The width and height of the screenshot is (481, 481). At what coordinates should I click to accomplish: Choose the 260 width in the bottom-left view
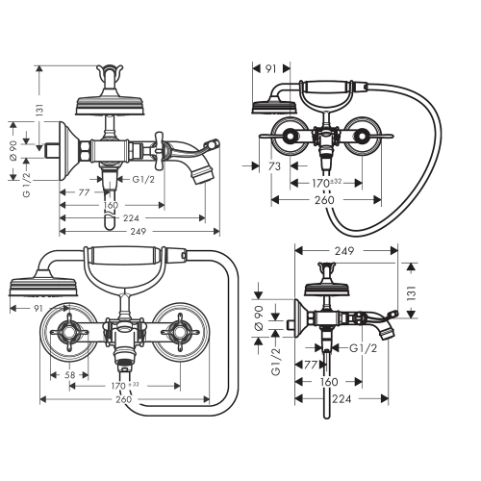pos(123,399)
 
